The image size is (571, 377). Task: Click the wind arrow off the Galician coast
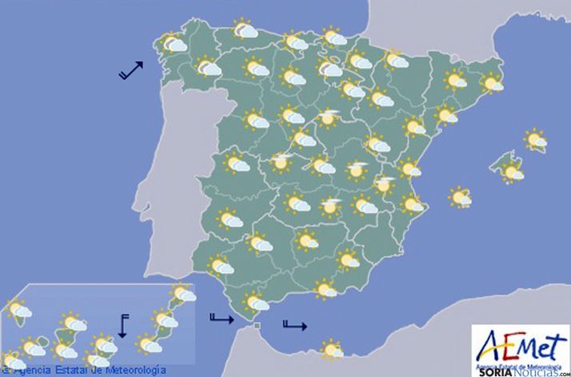click(130, 70)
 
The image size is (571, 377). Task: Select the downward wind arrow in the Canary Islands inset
click(122, 325)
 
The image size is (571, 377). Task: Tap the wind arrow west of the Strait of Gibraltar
click(220, 319)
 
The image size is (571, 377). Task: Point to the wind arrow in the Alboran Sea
click(294, 324)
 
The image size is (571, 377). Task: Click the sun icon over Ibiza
click(460, 196)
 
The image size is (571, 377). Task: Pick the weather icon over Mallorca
click(511, 170)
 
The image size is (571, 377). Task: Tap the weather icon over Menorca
click(535, 141)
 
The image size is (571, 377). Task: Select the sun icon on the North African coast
click(329, 350)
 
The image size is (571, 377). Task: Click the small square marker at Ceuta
click(256, 326)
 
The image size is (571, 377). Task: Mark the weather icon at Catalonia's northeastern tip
click(491, 82)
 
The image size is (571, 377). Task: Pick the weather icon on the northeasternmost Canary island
click(183, 293)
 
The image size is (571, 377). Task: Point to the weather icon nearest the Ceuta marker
click(255, 303)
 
